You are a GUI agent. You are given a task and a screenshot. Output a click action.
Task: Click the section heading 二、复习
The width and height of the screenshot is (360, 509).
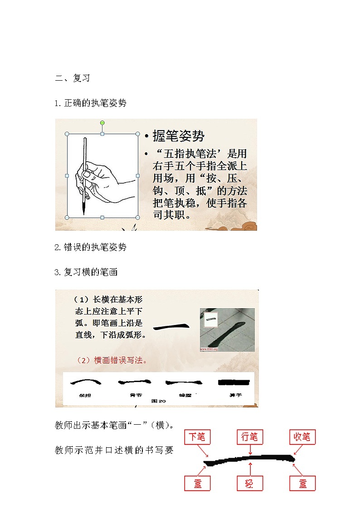73,78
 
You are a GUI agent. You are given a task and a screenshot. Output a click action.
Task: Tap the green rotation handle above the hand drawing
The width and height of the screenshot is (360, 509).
102,123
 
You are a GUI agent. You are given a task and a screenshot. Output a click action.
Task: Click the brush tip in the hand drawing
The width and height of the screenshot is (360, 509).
84,209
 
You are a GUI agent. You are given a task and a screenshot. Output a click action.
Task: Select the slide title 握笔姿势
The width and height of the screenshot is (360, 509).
179,136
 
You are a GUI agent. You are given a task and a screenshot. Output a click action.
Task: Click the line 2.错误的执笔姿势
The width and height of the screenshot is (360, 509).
90,247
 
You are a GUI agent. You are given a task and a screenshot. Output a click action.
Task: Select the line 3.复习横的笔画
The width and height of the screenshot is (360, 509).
86,272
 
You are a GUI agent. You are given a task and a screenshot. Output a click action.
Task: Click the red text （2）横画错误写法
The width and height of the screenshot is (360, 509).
112,360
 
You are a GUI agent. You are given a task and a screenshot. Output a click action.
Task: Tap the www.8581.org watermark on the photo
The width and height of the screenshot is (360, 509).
209,349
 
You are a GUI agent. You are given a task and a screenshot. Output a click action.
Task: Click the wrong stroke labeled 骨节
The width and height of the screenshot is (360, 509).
134,383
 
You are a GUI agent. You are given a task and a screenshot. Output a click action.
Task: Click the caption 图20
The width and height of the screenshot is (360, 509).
159,401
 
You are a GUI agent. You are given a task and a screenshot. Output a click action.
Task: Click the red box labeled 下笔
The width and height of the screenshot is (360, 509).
197,437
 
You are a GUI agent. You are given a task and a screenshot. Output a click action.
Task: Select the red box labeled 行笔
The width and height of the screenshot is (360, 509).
249,437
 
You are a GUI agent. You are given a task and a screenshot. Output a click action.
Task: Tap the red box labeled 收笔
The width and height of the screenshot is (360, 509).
302,437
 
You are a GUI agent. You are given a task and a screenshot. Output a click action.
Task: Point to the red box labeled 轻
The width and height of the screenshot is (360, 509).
249,483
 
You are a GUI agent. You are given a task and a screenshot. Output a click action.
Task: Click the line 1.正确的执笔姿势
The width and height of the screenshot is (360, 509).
90,103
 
